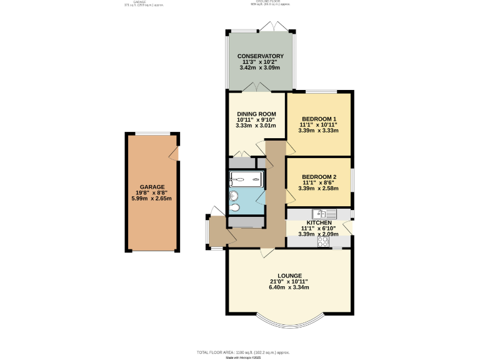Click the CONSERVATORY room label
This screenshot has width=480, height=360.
click(260, 56)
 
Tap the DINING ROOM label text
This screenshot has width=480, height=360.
click(256, 113)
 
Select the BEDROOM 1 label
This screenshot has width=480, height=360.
click(319, 119)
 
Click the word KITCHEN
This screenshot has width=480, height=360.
click(319, 222)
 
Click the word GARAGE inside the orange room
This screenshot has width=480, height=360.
click(152, 187)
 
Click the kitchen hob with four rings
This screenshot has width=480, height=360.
click(323, 241)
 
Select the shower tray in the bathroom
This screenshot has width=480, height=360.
click(246, 179)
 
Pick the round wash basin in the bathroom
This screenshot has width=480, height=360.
click(233, 195)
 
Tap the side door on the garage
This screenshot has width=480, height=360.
click(177, 153)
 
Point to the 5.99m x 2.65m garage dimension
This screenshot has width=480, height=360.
click(152, 199)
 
